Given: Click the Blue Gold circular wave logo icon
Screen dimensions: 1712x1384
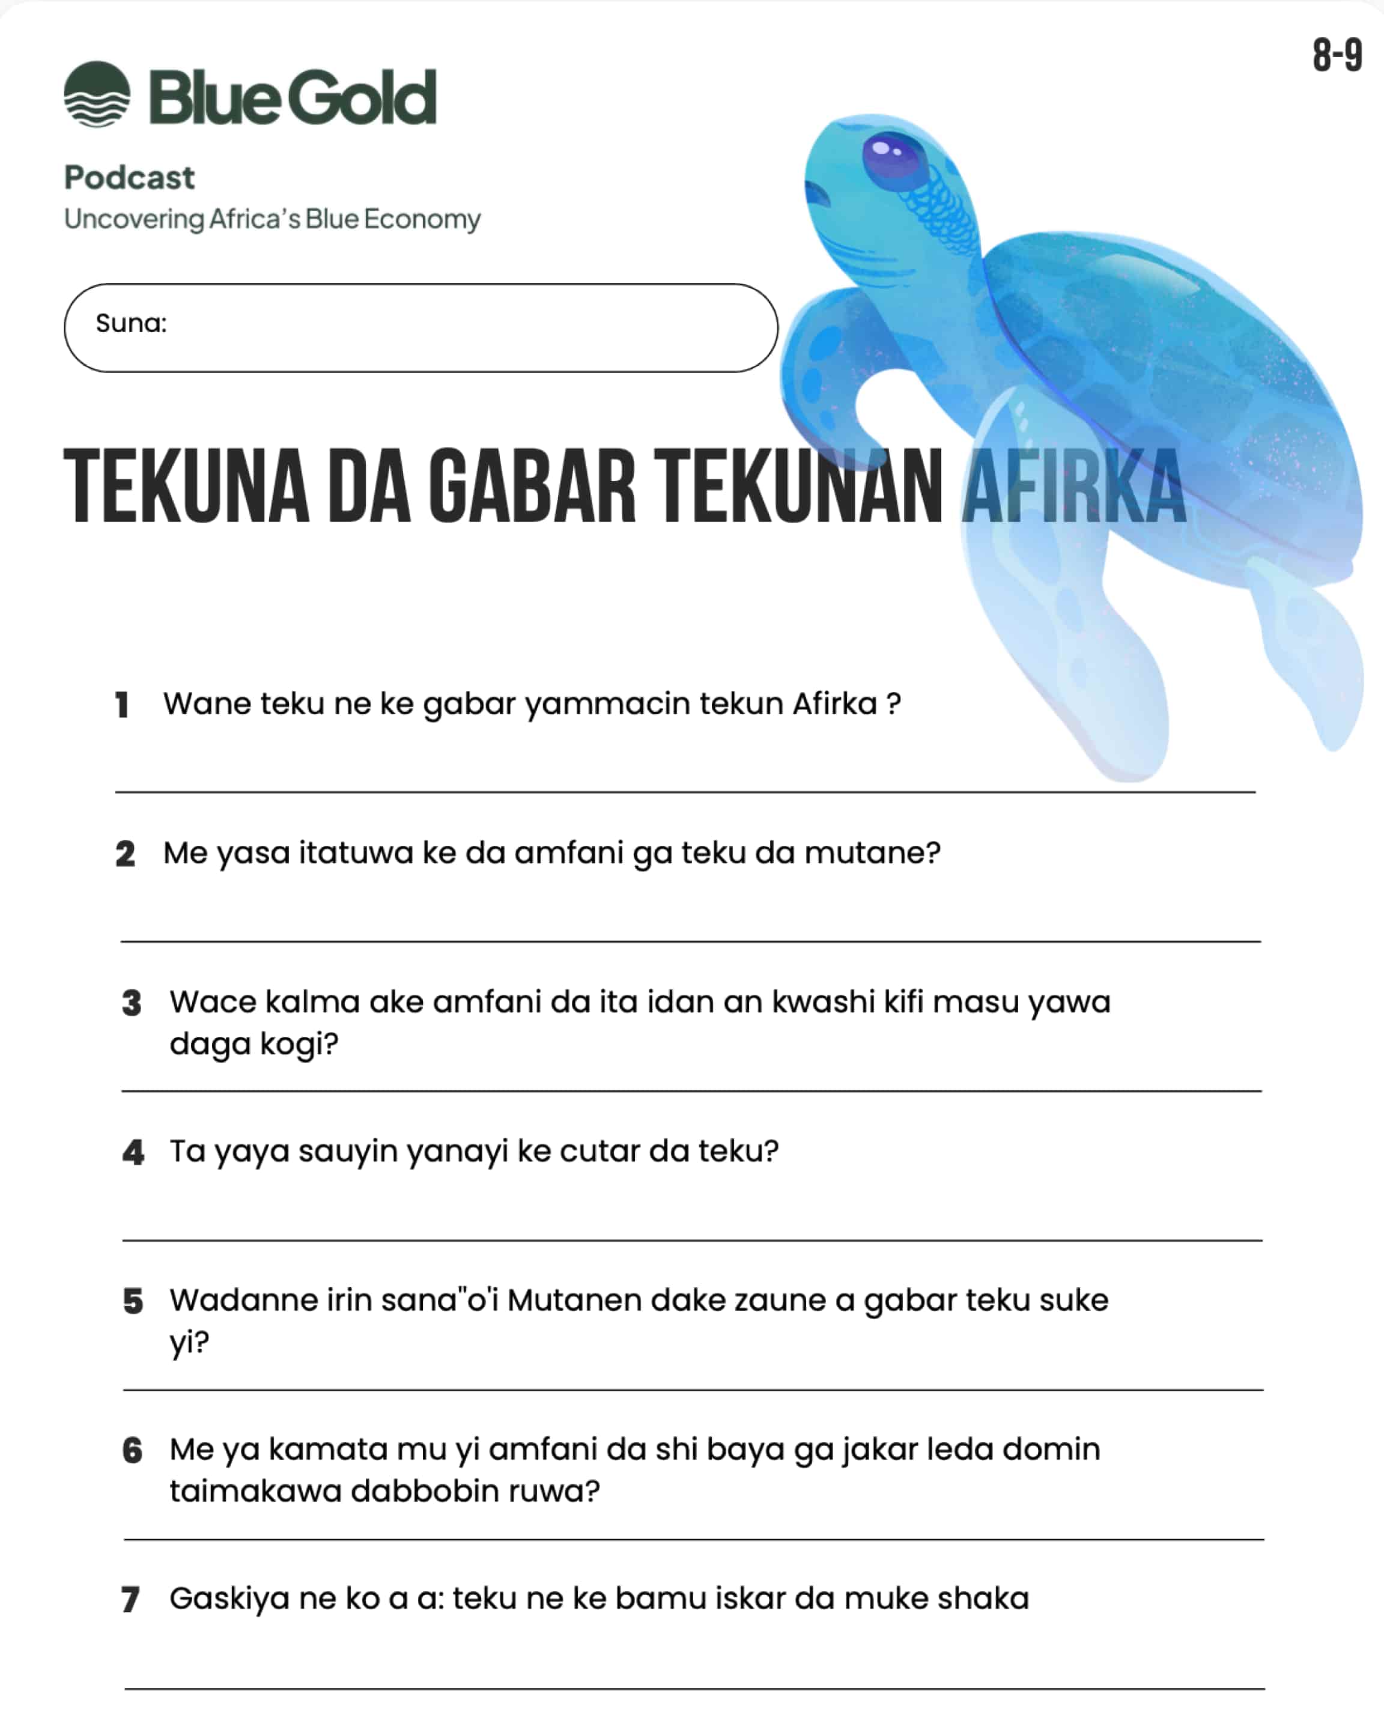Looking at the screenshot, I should [97, 94].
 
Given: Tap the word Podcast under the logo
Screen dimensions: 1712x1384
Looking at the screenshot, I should [129, 178].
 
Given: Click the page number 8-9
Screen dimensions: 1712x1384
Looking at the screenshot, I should [1337, 56].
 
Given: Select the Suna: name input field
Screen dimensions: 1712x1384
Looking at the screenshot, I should [421, 327].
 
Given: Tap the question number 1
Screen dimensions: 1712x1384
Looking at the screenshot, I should [122, 705].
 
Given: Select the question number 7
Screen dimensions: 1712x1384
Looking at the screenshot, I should [131, 1599].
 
